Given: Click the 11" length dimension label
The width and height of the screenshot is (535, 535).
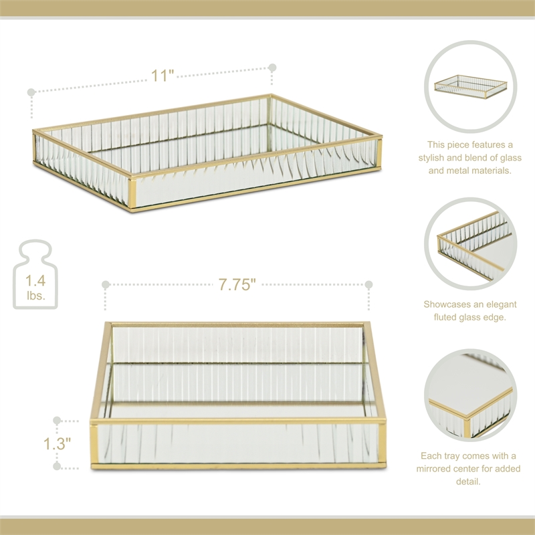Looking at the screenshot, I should [162, 75].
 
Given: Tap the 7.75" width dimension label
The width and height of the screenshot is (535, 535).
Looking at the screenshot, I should [237, 285].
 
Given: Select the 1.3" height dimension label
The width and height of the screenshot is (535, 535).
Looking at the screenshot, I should [58, 443].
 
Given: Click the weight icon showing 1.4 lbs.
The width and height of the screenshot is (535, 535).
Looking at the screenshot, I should [35, 276].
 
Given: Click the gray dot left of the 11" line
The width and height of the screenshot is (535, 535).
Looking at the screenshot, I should [31, 91].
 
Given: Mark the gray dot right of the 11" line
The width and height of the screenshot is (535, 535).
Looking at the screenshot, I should [272, 68].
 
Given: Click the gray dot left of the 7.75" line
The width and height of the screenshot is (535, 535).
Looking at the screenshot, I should [106, 285].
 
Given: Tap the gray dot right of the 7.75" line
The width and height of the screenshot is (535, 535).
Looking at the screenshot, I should [368, 285].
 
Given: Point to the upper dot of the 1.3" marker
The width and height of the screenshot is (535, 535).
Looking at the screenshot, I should [58, 421].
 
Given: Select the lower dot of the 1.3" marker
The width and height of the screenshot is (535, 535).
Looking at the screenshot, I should [58, 465].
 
